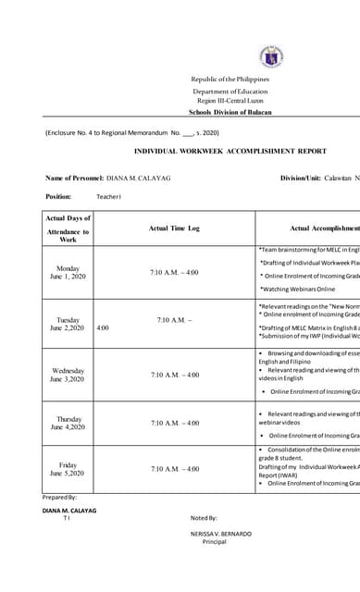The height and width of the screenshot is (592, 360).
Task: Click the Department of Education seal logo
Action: [x=271, y=57]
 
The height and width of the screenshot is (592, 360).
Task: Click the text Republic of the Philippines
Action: [x=230, y=80]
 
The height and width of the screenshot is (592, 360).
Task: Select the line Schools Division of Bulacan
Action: [x=230, y=112]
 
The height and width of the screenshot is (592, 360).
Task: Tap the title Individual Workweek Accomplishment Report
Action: [x=230, y=151]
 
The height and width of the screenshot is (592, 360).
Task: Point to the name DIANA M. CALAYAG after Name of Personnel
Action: [x=139, y=178]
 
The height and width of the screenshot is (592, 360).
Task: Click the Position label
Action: [x=58, y=196]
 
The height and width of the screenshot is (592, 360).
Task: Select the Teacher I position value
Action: [x=109, y=197]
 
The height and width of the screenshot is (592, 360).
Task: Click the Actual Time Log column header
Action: [x=174, y=228]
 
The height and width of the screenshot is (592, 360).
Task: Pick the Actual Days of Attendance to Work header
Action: [x=68, y=228]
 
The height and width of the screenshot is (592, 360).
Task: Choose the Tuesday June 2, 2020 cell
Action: [x=68, y=324]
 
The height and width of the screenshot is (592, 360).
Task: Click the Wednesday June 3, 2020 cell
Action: [x=68, y=375]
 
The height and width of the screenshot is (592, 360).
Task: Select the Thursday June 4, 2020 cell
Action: [x=68, y=423]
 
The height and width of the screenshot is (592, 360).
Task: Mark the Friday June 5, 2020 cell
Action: [x=68, y=469]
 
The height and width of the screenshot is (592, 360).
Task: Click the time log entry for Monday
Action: [x=174, y=273]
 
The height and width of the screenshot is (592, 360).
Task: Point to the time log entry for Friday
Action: [x=174, y=469]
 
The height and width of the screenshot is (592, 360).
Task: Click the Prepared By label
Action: [x=60, y=498]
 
